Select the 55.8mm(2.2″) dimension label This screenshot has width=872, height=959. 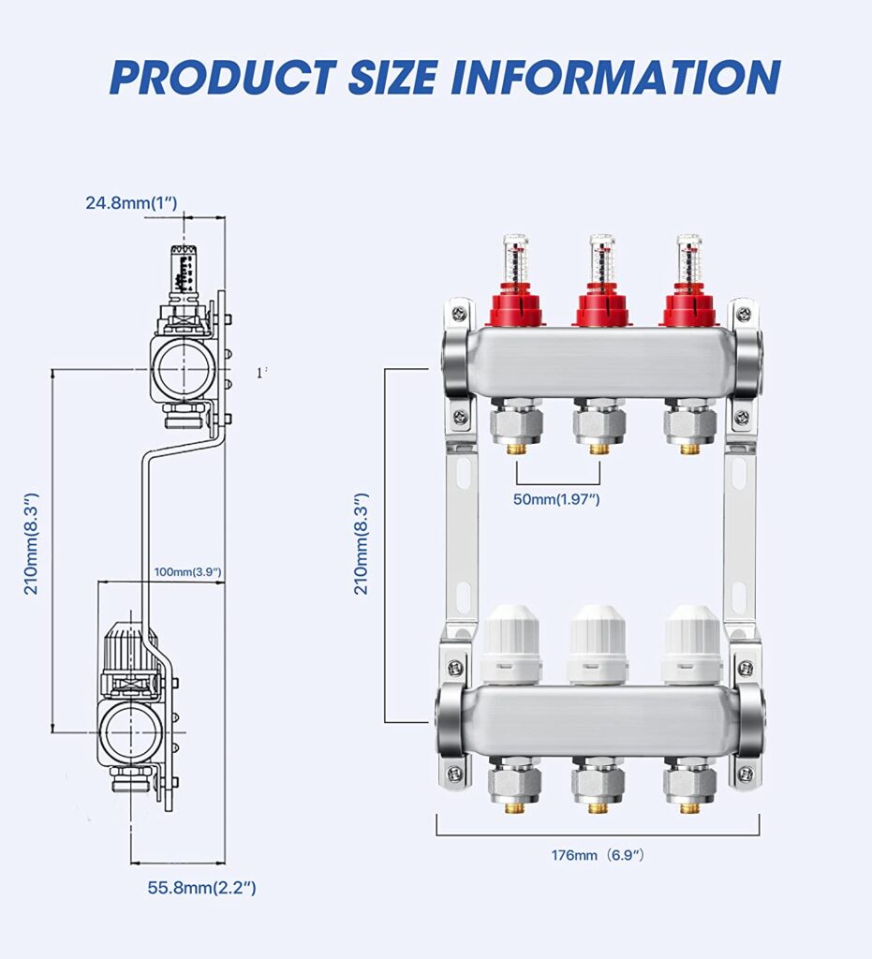click(x=201, y=887)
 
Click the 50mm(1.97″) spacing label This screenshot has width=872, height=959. click(x=556, y=499)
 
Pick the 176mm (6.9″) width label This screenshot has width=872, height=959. click(x=598, y=855)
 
